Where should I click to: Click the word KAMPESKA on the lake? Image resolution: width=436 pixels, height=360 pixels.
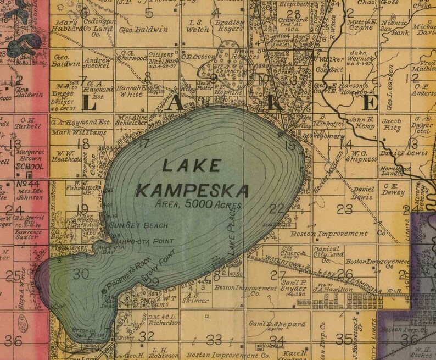coord(192,191)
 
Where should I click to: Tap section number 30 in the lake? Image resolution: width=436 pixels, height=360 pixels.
coord(80,273)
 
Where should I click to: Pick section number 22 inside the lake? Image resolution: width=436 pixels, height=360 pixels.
coord(277,208)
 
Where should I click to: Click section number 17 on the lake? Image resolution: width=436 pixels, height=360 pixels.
coord(144,144)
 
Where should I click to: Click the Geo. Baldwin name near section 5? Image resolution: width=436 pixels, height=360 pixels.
coord(135,29)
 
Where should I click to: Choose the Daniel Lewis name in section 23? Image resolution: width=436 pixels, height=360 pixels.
coord(362,192)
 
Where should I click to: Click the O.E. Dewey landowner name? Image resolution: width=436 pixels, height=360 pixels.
coord(393,192)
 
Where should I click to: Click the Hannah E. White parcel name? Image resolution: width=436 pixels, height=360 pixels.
coord(131,90)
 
